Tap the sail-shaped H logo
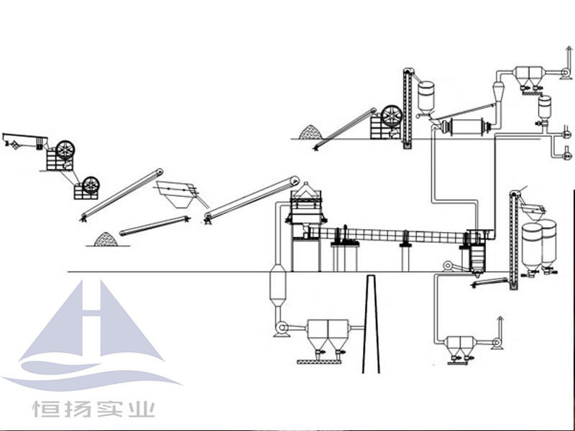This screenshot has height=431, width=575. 93,330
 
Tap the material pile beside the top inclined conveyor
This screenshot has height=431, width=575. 310,131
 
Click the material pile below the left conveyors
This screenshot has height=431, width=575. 106,238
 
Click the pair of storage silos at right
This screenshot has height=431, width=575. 539,244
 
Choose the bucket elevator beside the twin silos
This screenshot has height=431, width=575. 513,241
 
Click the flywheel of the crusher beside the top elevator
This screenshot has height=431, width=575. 392,116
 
